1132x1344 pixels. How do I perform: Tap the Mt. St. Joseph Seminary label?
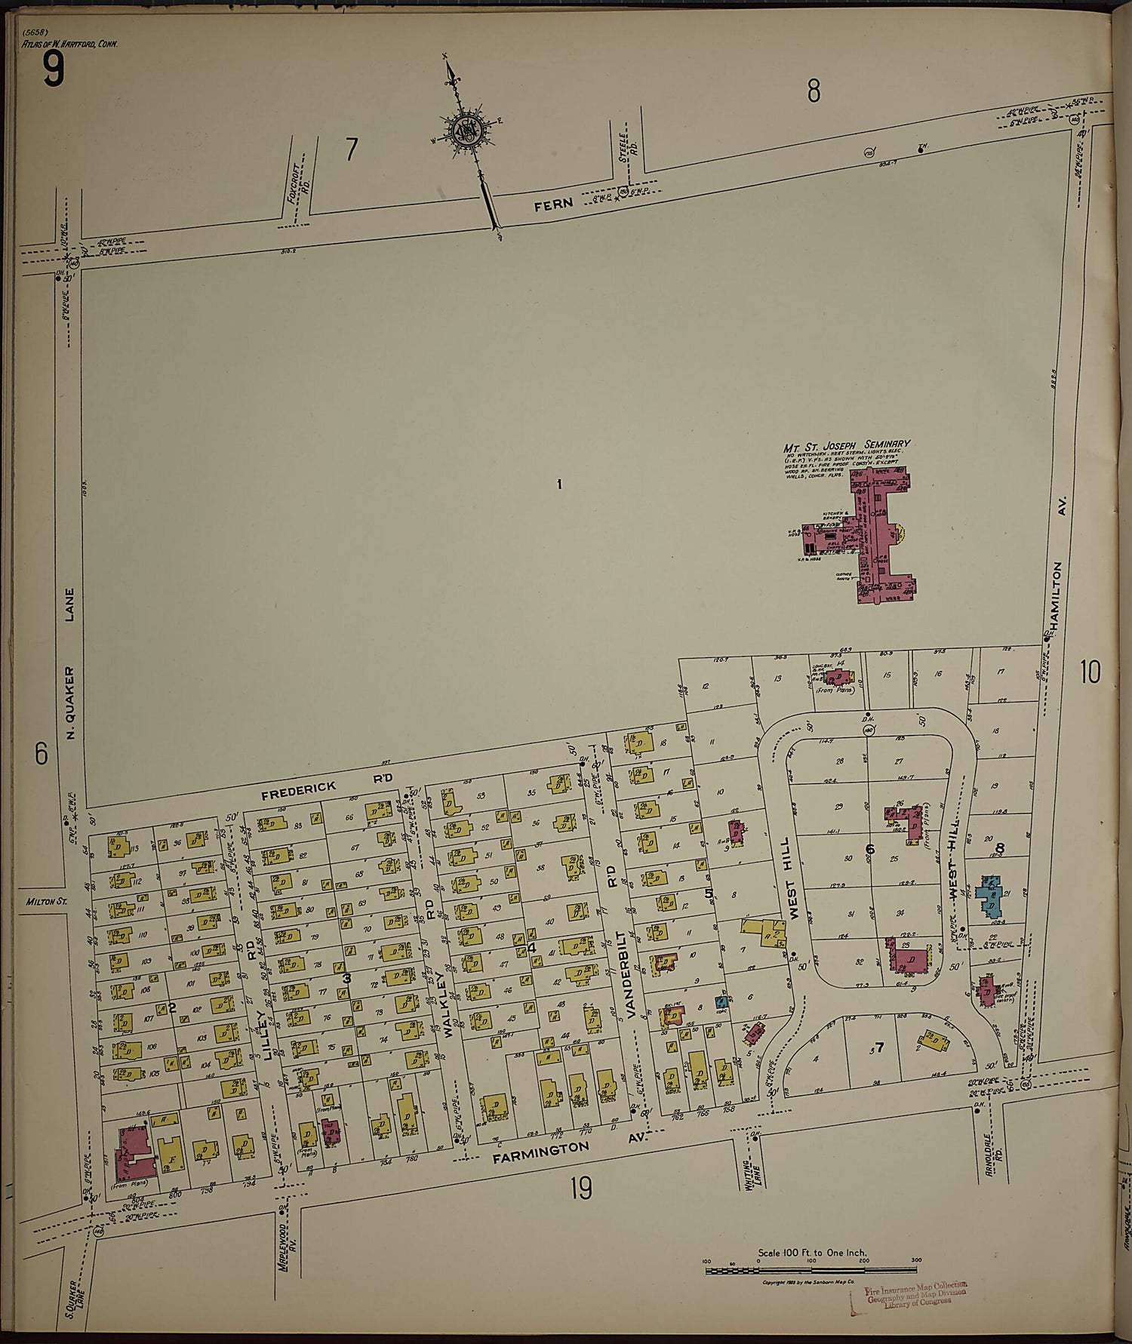click(847, 445)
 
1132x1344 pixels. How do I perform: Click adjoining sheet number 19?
click(580, 1190)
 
